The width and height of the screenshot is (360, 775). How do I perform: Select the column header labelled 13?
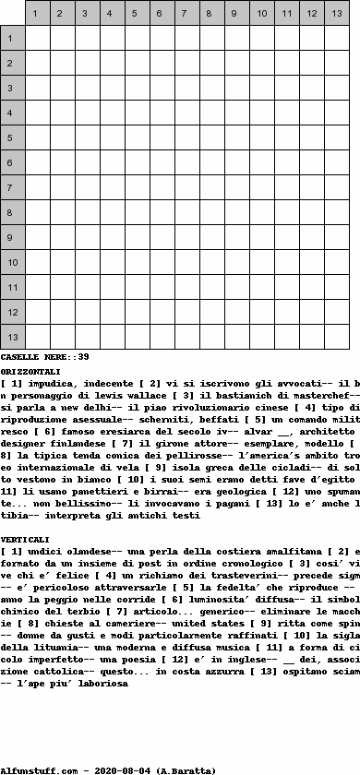click(x=337, y=13)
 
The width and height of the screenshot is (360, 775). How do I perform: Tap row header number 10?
click(x=12, y=263)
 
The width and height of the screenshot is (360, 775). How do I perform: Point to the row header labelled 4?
click(x=12, y=113)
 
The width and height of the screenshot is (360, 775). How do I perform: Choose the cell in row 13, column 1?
click(x=38, y=338)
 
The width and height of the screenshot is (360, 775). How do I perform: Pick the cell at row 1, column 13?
click(x=337, y=38)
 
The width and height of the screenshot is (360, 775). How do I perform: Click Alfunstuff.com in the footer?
click(x=37, y=769)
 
